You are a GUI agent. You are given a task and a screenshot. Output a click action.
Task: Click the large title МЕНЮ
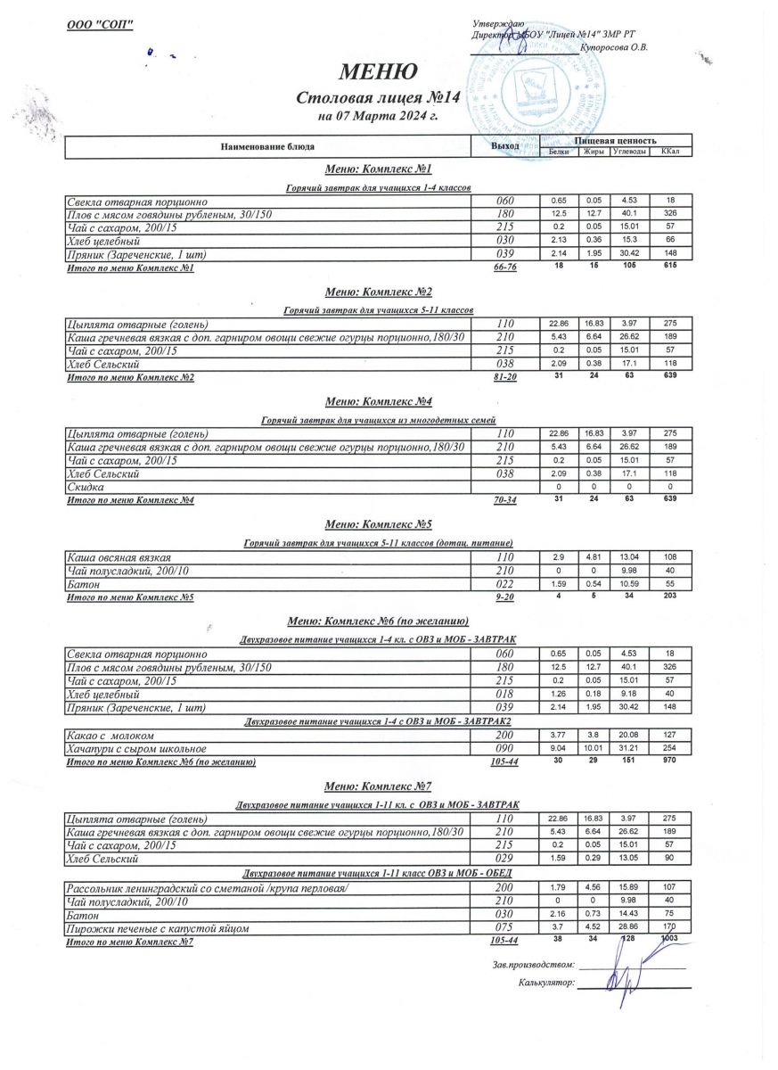[377, 72]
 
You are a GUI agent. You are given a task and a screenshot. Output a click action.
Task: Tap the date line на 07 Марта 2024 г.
[377, 116]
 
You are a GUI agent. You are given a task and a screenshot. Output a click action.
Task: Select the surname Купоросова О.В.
[613, 47]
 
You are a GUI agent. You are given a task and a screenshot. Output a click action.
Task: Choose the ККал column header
[670, 152]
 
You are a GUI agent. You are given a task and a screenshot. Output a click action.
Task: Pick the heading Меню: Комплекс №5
[379, 523]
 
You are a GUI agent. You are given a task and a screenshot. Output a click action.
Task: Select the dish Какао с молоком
[111, 736]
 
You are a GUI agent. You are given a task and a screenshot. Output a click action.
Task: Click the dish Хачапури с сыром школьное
[137, 749]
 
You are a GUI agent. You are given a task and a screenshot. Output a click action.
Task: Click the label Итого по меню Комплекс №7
[130, 942]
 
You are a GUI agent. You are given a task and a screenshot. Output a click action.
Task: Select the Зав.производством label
[530, 966]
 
